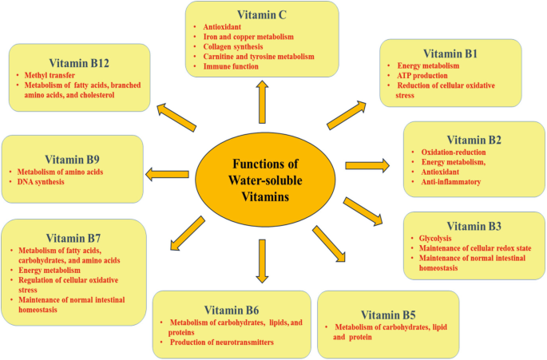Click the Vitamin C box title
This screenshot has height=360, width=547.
261,14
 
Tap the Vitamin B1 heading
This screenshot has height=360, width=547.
450,52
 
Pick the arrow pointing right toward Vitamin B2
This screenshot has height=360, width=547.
367,165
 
